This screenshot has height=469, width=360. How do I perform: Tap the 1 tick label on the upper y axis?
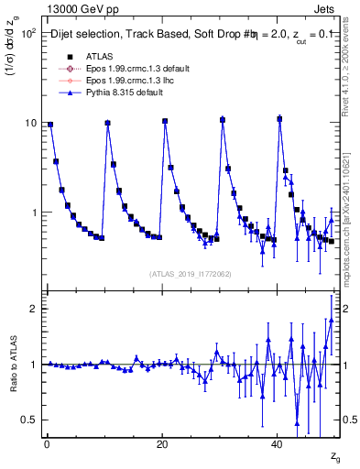pos(34,213)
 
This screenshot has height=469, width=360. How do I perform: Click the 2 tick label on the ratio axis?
pos(34,309)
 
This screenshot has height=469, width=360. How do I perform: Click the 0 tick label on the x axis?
pos(47,444)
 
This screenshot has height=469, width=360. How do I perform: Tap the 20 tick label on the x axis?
pos(162,444)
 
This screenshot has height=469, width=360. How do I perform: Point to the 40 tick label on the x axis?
pos(278,444)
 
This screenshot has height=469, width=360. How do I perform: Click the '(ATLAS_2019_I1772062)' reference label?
pos(190,274)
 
